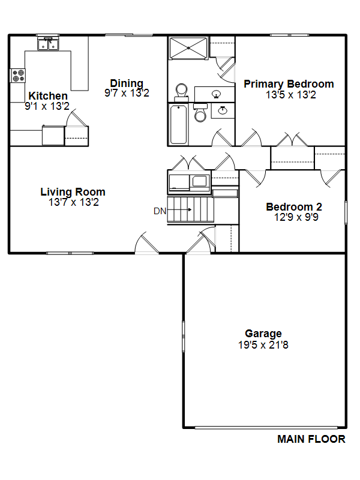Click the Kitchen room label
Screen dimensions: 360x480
point(48,96)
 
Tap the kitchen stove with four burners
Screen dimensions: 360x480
point(18,76)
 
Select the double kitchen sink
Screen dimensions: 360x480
point(49,44)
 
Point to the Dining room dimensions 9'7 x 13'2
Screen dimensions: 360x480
point(127,93)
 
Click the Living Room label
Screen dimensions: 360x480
point(73,192)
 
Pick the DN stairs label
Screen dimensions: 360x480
point(160,211)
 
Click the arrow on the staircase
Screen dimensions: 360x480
point(179,209)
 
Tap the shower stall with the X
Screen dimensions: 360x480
point(188,48)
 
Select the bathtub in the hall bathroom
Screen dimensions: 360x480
point(178,125)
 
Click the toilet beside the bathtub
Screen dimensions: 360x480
point(200,113)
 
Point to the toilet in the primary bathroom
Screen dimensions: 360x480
point(182,92)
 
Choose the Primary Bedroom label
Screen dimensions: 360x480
point(289,84)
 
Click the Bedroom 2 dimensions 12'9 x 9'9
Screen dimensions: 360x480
point(296,217)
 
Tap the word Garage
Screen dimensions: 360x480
point(263,334)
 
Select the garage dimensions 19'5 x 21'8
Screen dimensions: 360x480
point(263,345)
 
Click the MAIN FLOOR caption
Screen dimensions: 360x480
point(311,439)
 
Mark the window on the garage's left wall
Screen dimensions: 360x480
point(184,337)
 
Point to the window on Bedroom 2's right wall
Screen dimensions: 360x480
point(346,212)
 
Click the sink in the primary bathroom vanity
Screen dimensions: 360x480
point(217,94)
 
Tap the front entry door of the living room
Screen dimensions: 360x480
point(147,244)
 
